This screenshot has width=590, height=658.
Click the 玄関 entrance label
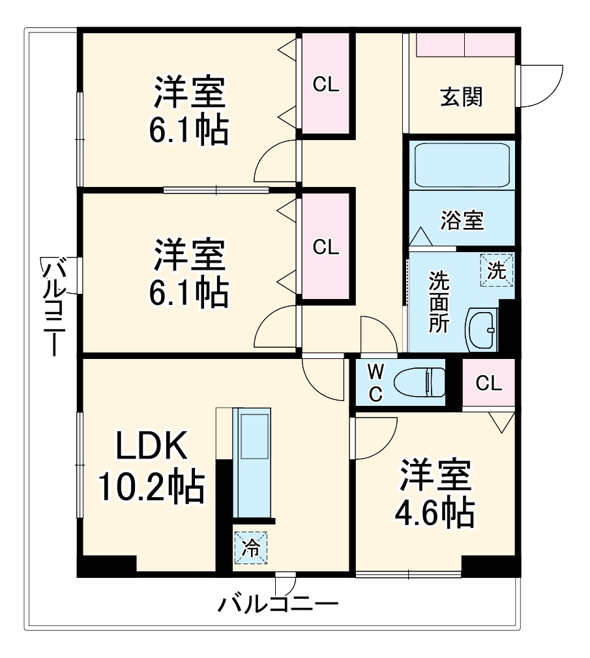tap(462, 98)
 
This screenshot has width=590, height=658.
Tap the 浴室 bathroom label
tap(462, 221)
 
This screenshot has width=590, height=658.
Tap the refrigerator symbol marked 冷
tap(250, 547)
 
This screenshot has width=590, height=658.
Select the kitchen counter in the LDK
tap(252, 463)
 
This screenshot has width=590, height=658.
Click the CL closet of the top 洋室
tap(325, 85)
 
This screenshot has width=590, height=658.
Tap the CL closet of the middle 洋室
tap(325, 247)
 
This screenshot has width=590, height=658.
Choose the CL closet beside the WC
tap(488, 383)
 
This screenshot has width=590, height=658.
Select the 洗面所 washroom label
tap(438, 303)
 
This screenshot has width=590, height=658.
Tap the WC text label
tap(375, 384)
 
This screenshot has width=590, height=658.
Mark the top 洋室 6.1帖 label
tap(189, 111)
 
